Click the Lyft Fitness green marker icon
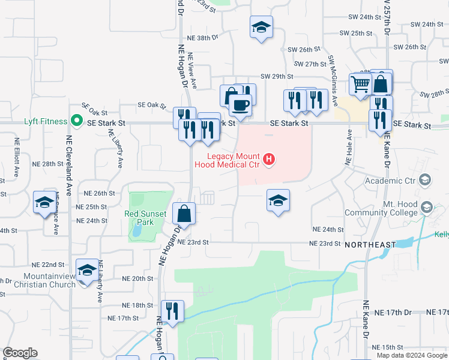(x=76, y=121)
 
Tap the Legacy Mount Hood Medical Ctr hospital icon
(x=270, y=160)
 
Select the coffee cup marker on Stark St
(x=241, y=106)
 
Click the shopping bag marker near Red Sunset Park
(x=184, y=213)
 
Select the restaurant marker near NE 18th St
(x=172, y=311)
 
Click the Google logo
(x=20, y=353)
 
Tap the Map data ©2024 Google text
(x=411, y=355)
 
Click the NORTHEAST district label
(x=370, y=244)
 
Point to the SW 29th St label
(x=277, y=77)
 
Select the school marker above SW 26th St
(x=261, y=27)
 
